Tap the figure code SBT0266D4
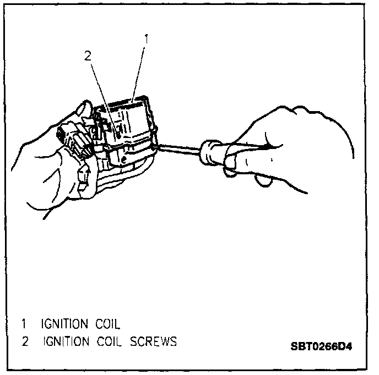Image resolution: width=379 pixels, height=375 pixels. tap(321, 348)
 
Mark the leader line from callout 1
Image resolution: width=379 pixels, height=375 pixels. tap(139, 71)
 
